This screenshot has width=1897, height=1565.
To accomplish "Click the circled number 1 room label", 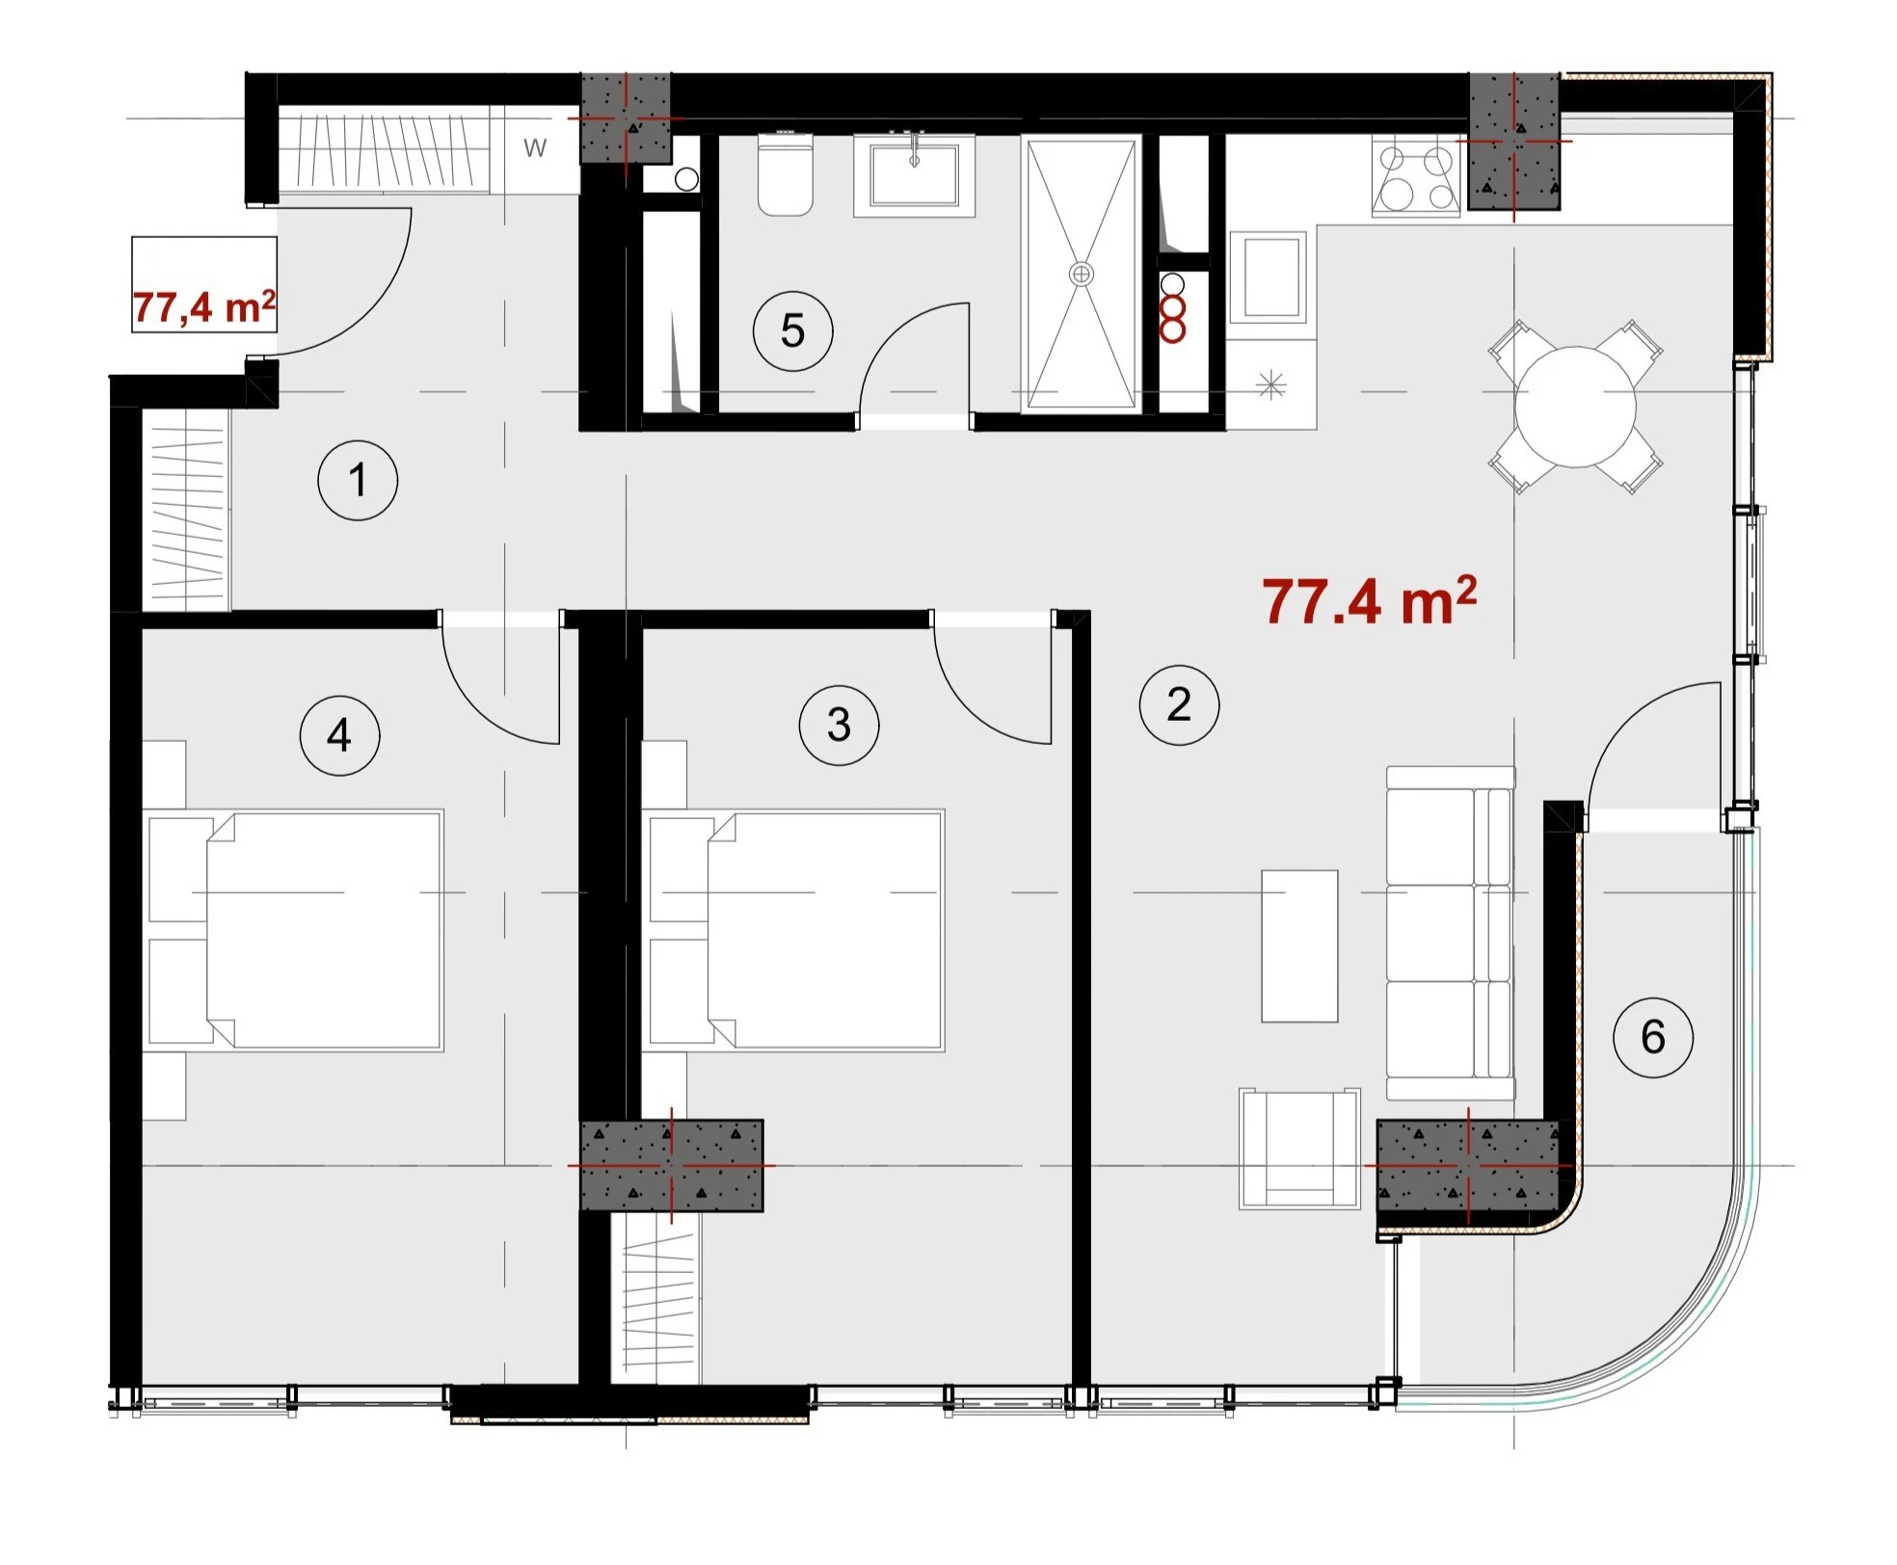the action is (x=358, y=480).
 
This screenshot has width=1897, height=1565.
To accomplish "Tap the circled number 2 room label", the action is (x=1179, y=704).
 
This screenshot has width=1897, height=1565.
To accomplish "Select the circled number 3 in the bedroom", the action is (x=839, y=725).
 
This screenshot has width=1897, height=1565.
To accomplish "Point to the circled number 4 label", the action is (x=339, y=735).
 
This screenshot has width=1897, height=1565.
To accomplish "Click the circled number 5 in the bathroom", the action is (x=792, y=331).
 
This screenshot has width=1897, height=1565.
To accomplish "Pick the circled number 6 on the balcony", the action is (x=1653, y=1037).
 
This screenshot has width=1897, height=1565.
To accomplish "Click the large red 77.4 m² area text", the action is (x=1369, y=600).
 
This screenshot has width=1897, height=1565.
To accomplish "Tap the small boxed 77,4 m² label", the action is (x=204, y=306).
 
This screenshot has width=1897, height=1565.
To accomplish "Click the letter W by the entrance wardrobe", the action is (x=535, y=147).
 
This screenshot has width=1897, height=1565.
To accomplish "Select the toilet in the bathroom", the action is (x=786, y=174).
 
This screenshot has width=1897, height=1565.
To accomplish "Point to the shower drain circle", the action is (x=1082, y=274).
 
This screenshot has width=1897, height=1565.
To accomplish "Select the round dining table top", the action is (x=1575, y=407).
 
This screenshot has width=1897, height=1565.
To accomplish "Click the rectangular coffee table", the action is (x=1299, y=945).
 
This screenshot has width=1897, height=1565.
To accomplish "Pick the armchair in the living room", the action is (x=1299, y=1149).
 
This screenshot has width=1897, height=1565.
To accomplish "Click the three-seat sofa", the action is (x=1451, y=933).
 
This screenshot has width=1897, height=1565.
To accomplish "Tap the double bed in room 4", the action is (x=294, y=930).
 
